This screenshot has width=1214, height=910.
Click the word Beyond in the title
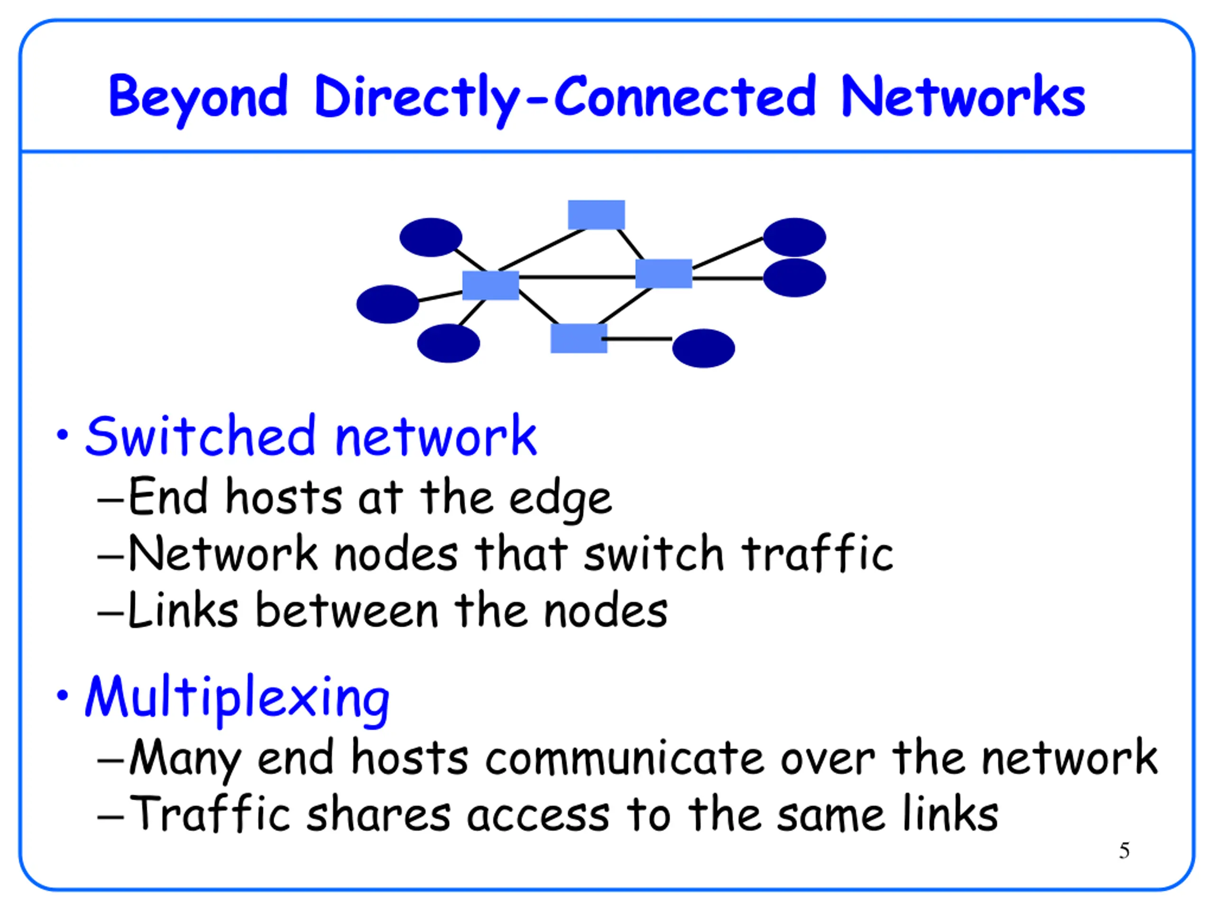[x=198, y=99]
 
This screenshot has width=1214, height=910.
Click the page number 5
[x=1124, y=851]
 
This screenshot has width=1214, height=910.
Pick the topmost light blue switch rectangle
[x=596, y=215]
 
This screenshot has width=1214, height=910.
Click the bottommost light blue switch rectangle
[x=579, y=338]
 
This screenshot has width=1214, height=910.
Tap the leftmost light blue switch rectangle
[x=491, y=285]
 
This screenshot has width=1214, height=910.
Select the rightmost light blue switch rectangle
[x=663, y=274]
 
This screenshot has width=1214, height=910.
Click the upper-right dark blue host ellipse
[x=794, y=237]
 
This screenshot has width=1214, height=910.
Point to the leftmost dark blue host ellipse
[x=387, y=304]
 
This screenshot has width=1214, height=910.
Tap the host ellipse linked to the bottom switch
[x=703, y=348]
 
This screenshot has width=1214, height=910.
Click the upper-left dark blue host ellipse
[x=431, y=237]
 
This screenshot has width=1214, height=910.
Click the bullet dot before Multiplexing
[x=63, y=695]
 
